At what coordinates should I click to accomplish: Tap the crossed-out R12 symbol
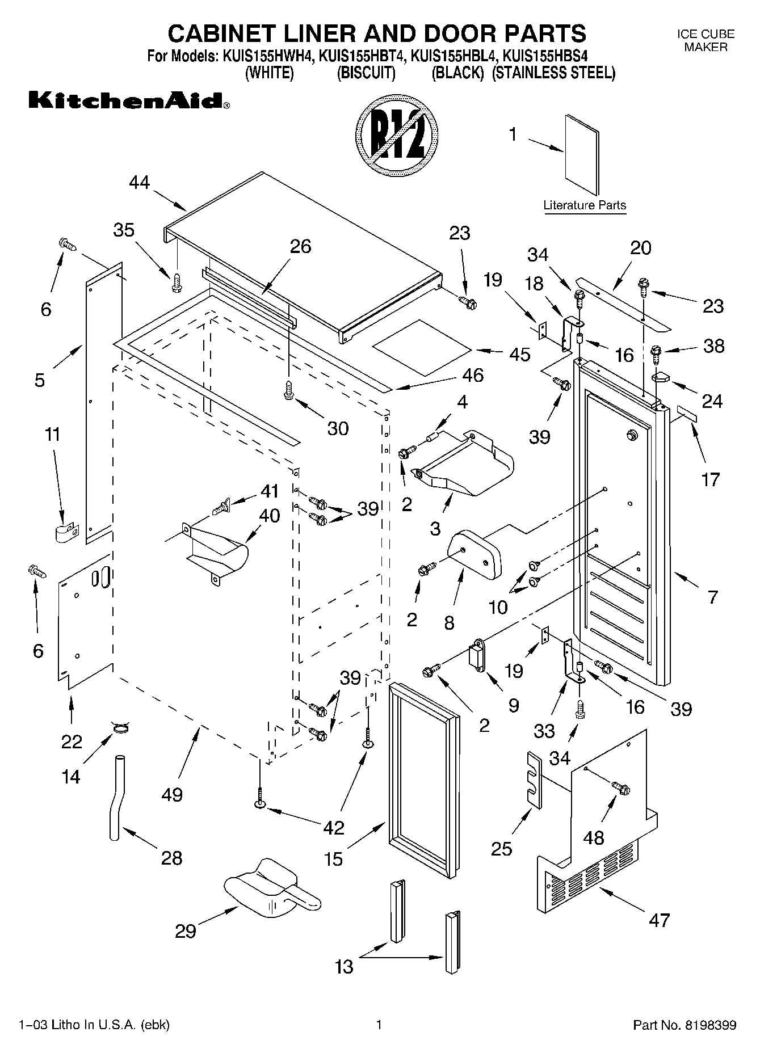[x=397, y=136]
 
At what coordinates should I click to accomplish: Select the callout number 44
[x=139, y=183]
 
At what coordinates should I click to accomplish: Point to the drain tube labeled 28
[x=115, y=797]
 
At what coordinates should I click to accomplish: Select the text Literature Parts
[x=584, y=205]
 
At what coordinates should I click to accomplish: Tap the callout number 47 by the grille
[x=659, y=920]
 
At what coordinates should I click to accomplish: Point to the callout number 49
[x=172, y=794]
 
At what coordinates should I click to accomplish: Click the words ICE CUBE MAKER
[x=705, y=40]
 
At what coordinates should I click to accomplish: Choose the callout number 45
[x=519, y=354]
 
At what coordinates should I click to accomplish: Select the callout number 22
[x=72, y=741]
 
